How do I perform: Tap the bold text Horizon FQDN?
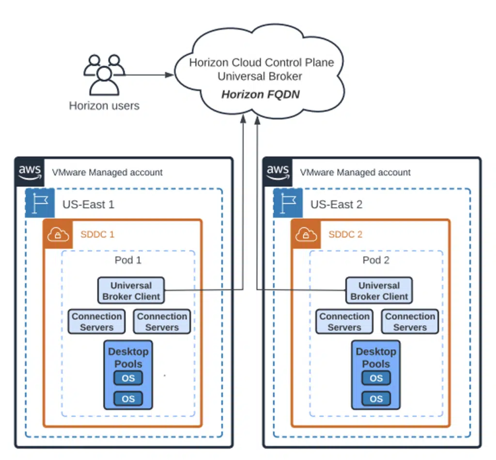(260, 94)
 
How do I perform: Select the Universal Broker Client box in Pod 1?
(131, 291)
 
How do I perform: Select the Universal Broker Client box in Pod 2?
(379, 291)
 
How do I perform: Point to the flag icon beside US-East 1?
(40, 204)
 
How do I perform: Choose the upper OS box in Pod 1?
(128, 378)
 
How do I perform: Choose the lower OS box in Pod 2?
(376, 399)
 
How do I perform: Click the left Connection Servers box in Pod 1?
(97, 322)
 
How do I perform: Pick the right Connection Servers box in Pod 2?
(410, 322)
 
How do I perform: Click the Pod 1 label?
(128, 260)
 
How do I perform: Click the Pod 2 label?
(376, 260)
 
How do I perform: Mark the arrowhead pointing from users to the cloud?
(169, 75)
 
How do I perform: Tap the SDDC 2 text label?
(345, 235)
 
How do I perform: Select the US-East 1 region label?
(88, 204)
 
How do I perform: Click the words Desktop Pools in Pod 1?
(128, 358)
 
